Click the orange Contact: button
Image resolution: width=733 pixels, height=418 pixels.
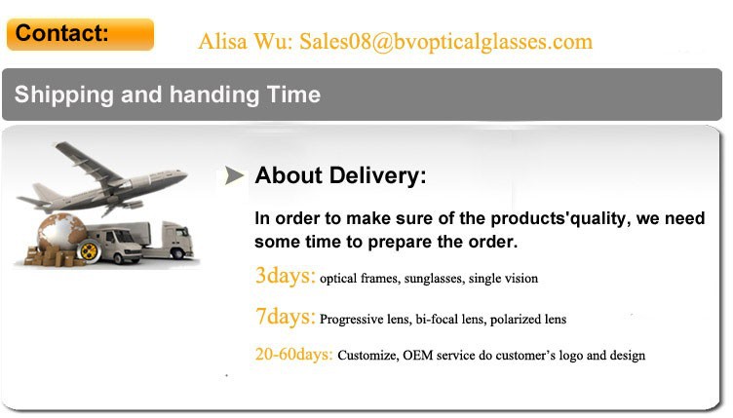click(80, 34)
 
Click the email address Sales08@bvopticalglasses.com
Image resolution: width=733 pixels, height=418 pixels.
click(446, 42)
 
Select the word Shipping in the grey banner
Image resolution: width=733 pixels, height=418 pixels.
click(64, 95)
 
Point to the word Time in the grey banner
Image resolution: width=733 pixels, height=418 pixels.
click(293, 95)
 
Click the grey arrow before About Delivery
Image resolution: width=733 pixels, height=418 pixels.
click(234, 175)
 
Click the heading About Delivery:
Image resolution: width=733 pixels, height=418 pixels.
click(340, 175)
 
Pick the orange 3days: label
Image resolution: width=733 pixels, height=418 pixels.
click(286, 275)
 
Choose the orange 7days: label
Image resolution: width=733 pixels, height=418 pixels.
click(286, 317)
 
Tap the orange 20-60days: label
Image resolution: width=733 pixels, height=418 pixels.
click(293, 354)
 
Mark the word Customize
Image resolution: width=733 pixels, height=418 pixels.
click(367, 356)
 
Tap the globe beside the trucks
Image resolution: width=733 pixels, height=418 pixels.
click(60, 234)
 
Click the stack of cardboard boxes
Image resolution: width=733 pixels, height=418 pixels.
click(53, 256)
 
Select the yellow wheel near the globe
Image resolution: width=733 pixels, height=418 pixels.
click(89, 251)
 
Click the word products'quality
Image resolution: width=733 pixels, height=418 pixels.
click(559, 218)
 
